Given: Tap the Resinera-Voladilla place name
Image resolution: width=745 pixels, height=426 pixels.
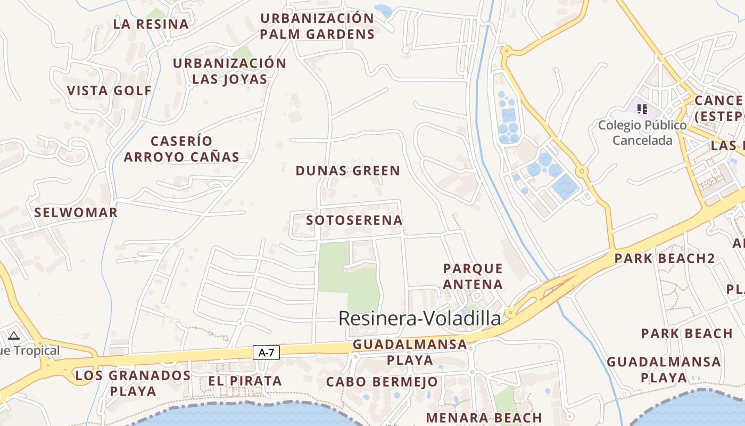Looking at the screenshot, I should [419, 318].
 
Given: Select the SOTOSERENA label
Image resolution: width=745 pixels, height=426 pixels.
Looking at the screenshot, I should [354, 220].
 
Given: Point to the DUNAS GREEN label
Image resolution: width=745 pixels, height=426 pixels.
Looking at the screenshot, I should [347, 171].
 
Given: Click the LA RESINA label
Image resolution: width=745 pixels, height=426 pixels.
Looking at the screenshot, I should [151, 24].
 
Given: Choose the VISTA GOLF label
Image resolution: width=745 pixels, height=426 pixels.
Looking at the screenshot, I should [110, 91].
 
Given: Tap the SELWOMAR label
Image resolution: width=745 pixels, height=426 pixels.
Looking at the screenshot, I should [76, 212].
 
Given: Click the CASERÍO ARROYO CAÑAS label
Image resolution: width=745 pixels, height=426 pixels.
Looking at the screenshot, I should [181, 149].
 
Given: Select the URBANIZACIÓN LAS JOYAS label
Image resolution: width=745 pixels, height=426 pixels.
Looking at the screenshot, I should [229, 71].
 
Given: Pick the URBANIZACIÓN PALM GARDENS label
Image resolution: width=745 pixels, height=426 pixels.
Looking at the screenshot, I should [317, 26].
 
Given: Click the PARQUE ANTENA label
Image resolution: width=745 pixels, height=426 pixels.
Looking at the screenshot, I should [473, 276].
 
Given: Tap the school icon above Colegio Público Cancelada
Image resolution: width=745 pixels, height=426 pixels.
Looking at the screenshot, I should [642, 109].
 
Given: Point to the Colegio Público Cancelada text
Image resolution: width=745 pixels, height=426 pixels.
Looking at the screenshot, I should [642, 133].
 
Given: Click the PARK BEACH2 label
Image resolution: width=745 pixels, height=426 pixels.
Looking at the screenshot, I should [665, 259].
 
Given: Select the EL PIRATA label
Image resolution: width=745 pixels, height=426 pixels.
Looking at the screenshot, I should [245, 381].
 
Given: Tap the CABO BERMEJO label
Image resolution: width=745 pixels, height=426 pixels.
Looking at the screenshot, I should [382, 382].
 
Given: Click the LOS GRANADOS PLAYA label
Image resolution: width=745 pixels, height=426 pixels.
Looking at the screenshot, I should [133, 383].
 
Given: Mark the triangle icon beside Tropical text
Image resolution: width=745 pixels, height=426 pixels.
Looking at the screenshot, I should [14, 335].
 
